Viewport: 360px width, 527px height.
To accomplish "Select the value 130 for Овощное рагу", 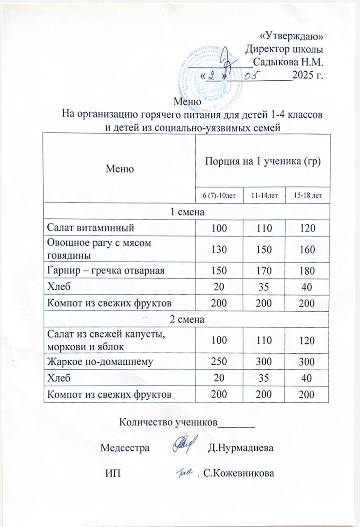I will tap(219, 250).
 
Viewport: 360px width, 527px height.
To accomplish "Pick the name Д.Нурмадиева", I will tap(241, 448).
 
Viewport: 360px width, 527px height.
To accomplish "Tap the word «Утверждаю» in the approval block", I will tap(292, 37).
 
